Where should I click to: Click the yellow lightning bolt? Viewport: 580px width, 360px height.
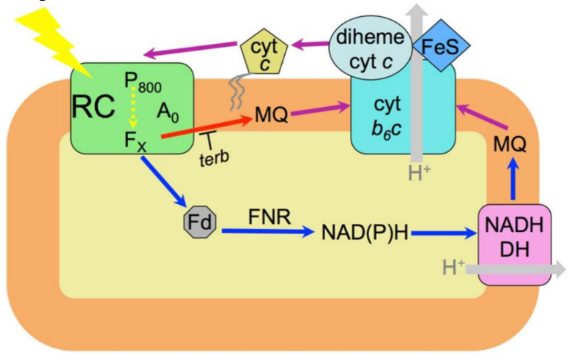[x=56, y=41]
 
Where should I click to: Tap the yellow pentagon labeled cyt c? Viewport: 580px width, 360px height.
[x=264, y=56]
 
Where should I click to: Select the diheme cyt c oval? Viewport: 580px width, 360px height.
[x=371, y=50]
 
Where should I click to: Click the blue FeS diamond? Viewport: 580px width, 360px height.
[x=441, y=47]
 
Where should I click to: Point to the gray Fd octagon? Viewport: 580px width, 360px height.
[x=200, y=222]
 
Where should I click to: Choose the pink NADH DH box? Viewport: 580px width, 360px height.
[x=515, y=244]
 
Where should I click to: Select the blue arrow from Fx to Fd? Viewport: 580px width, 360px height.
[x=163, y=181]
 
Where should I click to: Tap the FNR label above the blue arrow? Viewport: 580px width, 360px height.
[x=269, y=217]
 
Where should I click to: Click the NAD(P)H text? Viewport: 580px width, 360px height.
[x=365, y=233]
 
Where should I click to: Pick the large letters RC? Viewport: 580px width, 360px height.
[x=93, y=107]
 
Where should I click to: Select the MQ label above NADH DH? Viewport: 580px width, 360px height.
[x=510, y=145]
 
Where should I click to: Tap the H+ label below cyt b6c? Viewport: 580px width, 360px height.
[x=420, y=173]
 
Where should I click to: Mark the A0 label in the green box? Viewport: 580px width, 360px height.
[x=168, y=112]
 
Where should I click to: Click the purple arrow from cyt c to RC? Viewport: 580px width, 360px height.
[x=190, y=50]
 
